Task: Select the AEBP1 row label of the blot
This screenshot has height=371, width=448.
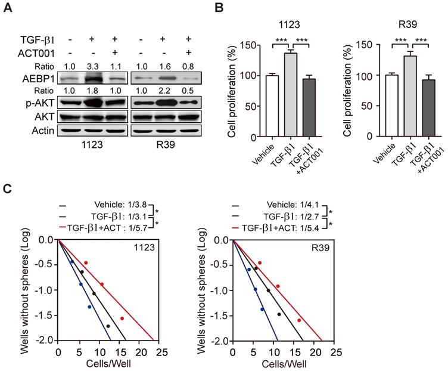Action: coord(38,79)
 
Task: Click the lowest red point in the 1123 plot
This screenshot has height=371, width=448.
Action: coord(122,319)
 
